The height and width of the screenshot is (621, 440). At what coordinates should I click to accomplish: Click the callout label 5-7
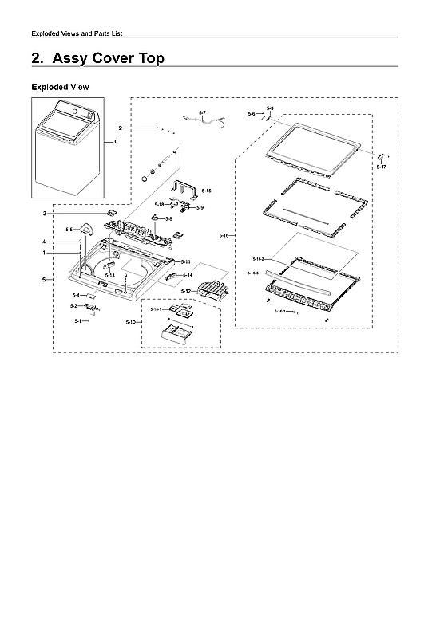point(202,112)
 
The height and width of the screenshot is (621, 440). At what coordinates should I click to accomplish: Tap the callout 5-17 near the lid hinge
point(381,167)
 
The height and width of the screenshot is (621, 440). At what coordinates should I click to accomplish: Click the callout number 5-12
point(185,292)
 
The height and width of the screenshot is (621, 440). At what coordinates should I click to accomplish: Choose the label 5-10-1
point(156,309)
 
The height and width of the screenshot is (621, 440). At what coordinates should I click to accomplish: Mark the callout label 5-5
point(69,230)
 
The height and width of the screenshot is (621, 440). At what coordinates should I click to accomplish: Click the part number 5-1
point(78,320)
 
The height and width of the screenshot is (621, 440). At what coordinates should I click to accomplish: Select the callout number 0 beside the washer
point(115,141)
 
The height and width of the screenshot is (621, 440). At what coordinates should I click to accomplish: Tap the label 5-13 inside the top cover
point(110,275)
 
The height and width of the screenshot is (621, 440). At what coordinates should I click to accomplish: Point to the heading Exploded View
point(59,86)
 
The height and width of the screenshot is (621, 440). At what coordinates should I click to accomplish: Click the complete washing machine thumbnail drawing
point(67,148)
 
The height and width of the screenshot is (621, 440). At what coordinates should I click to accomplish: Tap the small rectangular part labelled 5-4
point(93,295)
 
